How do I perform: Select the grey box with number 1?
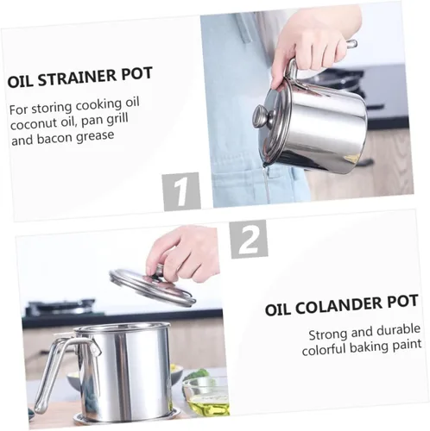click(x=181, y=191)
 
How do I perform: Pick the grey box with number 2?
click(x=249, y=239)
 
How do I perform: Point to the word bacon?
click(x=54, y=139)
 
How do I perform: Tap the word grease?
click(x=95, y=136)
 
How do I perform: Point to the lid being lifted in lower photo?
click(x=153, y=286)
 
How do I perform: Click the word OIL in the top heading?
click(x=20, y=82)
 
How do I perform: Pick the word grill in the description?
click(x=117, y=119)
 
